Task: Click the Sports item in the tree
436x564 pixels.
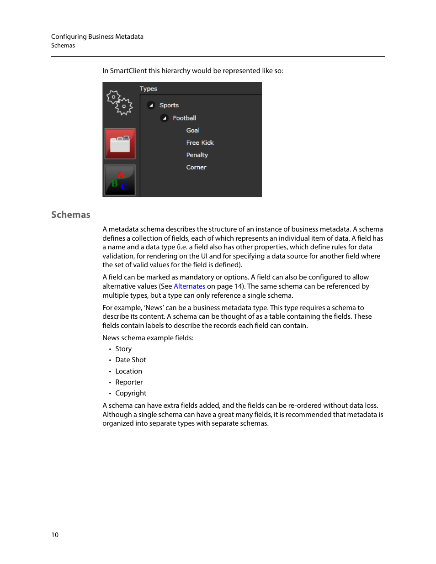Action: [x=169, y=105]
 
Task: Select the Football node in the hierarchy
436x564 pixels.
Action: [x=184, y=118]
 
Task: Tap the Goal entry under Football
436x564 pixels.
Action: [x=192, y=130]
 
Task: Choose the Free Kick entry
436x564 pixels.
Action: [x=200, y=142]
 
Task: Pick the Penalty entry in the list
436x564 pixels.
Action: [x=197, y=155]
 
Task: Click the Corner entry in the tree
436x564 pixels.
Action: [x=196, y=167]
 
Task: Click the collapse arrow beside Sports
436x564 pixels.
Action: [x=151, y=105]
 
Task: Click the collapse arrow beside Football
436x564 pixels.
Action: [x=165, y=118]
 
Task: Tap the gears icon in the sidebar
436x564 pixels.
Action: [x=119, y=102]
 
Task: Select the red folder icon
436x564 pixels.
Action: [x=120, y=143]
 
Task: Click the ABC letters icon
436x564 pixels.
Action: [x=120, y=180]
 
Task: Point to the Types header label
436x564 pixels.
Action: [x=148, y=89]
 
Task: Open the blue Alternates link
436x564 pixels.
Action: [x=189, y=286]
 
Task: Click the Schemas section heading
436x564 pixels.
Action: [x=71, y=215]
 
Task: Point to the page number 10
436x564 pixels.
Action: [x=55, y=535]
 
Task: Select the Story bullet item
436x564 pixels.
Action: [x=123, y=349]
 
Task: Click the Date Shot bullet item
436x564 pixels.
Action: [x=131, y=360]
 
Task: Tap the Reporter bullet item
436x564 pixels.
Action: [x=129, y=382]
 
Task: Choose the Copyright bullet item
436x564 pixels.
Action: [x=131, y=393]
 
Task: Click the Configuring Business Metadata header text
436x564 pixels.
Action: [x=97, y=37]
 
